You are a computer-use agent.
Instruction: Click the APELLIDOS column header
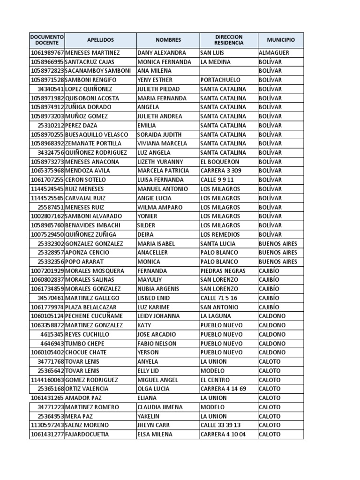pos(100,40)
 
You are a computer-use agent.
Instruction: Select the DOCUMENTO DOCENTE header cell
pos(47,40)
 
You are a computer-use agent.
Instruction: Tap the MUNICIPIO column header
pos(281,40)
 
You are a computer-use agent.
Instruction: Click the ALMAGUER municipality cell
pos(274,53)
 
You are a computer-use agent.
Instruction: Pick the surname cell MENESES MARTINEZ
pos(93,53)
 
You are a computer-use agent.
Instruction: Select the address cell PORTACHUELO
pos(220,80)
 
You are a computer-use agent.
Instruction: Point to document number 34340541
pos(51,89)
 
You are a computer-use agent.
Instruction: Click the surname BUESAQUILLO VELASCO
pos(97,135)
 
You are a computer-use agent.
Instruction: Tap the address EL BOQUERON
pos(220,162)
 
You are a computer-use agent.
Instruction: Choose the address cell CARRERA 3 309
pos(221,171)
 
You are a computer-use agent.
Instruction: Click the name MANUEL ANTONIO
pos(163,189)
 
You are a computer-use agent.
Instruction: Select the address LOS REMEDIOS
pos(220,234)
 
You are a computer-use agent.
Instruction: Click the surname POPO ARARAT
pos(84,262)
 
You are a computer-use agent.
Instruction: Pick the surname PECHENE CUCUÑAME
pos(94,316)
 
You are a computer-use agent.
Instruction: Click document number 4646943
pos(52,344)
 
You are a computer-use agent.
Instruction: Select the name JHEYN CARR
pos(154,425)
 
